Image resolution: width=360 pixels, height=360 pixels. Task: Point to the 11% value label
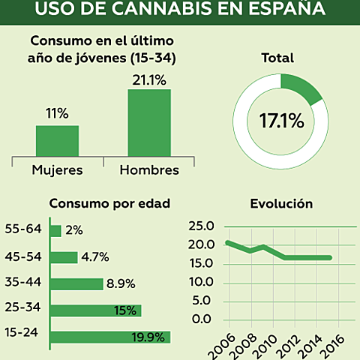click(x=57, y=114)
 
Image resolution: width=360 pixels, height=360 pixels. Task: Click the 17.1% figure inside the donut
click(x=280, y=119)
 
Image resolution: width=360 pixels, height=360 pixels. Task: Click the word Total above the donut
click(x=277, y=58)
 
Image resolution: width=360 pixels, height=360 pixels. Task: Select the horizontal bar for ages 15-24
click(x=109, y=337)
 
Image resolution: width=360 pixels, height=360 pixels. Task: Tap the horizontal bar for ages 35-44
click(x=76, y=283)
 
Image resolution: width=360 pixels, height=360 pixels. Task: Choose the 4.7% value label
click(x=95, y=257)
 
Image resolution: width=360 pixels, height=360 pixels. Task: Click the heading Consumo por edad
click(x=109, y=203)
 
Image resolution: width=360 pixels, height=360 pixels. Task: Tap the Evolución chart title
click(x=281, y=203)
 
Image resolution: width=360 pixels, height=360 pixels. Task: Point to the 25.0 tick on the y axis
click(x=200, y=226)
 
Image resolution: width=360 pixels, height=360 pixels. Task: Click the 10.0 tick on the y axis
click(x=200, y=282)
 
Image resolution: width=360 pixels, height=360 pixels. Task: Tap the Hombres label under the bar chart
click(x=149, y=170)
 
